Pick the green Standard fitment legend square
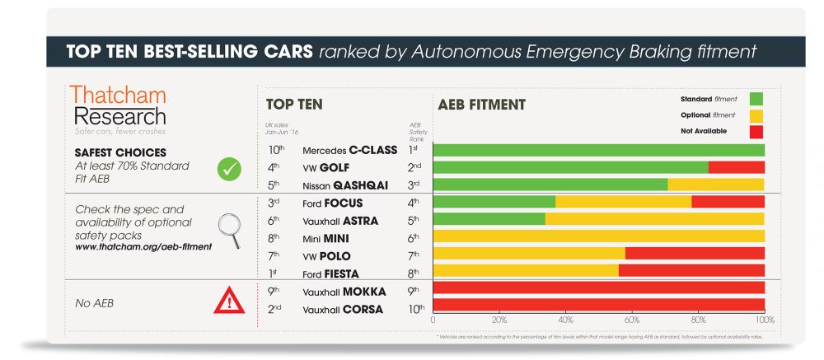pos(756,99)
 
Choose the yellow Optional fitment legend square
pos(756,115)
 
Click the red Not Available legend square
pos(756,132)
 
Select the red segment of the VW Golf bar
pos(736,167)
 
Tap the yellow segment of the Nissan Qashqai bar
pos(715,185)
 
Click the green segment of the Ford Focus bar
pos(494,202)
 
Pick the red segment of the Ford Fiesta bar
pos(691,270)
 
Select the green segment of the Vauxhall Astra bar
pos(489,219)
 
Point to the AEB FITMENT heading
pos(481,105)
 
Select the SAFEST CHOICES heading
pos(120,152)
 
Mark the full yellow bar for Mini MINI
pos(598,236)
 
